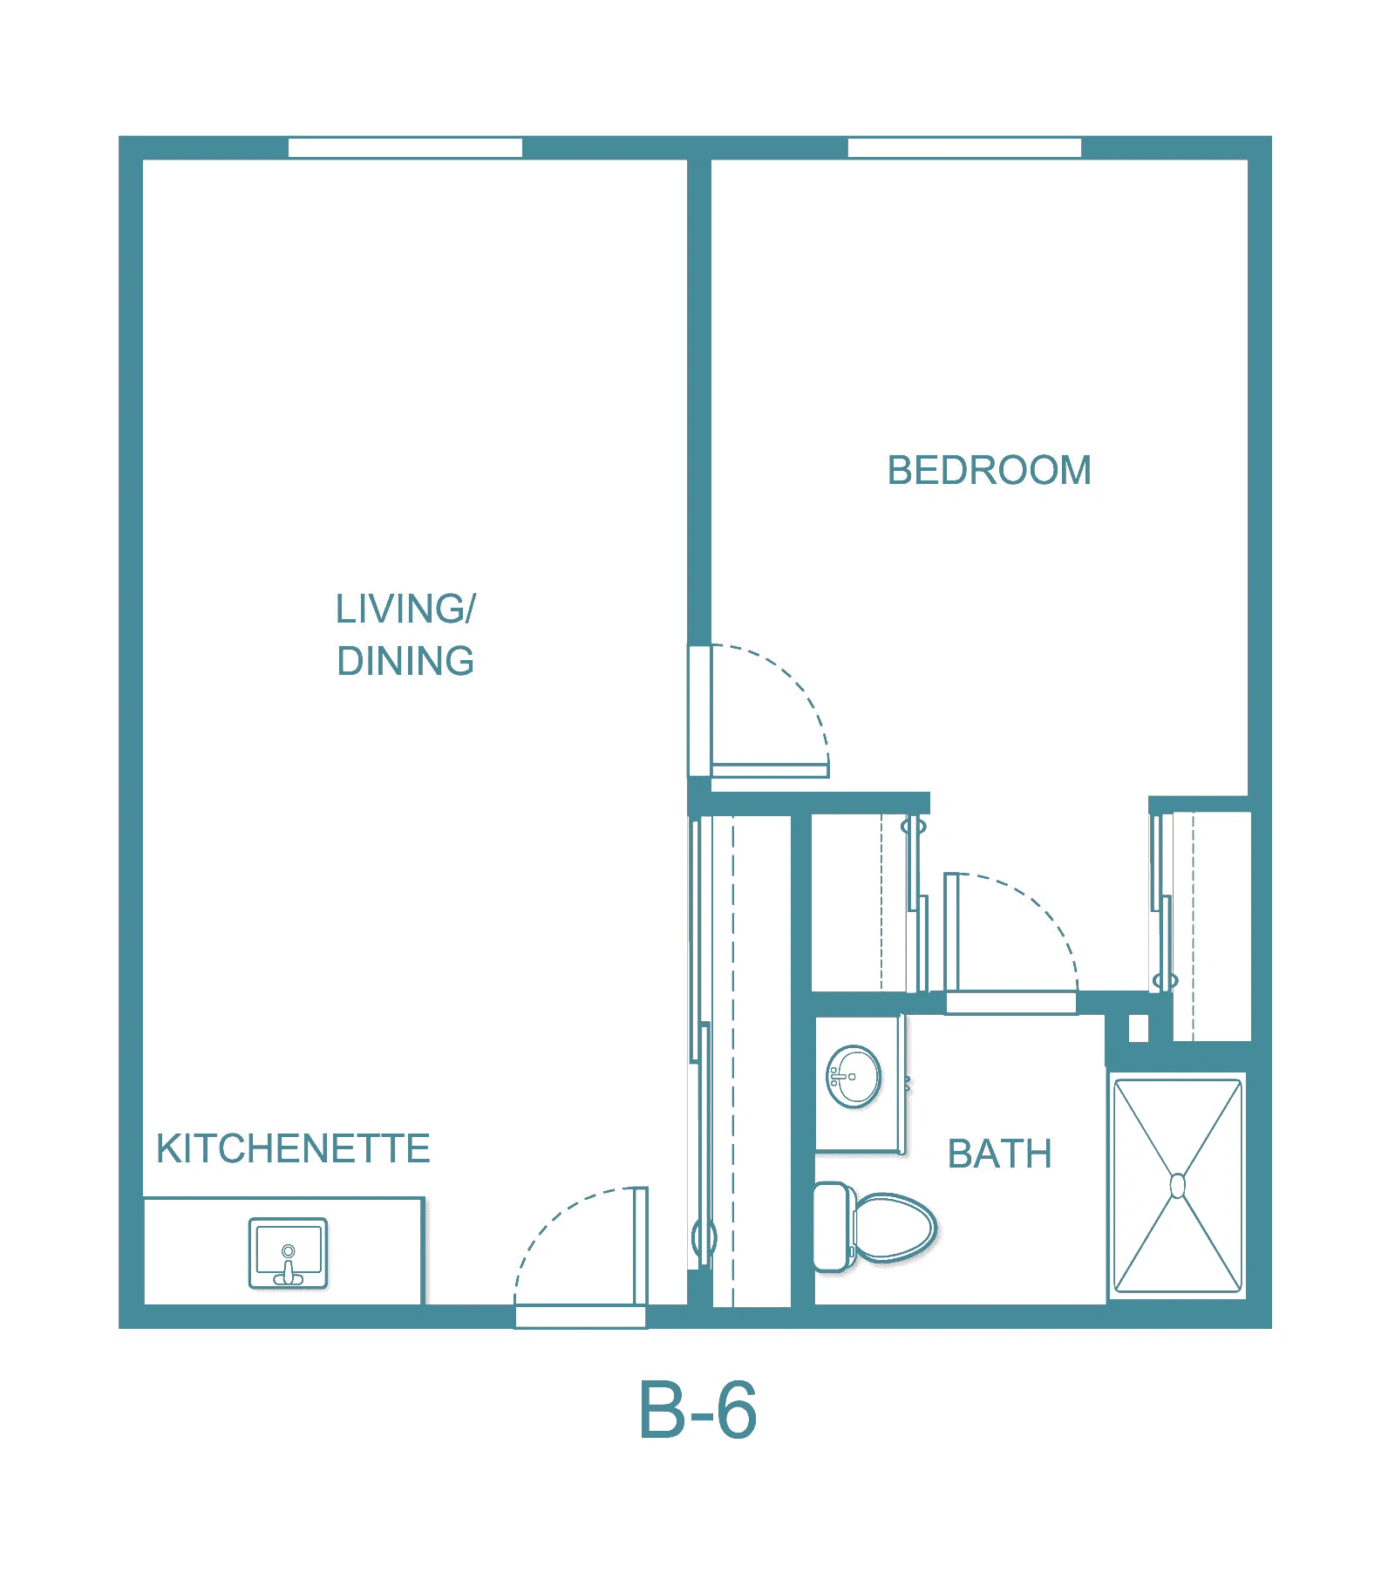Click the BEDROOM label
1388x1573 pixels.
coord(989,471)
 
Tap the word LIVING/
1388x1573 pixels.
coord(405,609)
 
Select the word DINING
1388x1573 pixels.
coord(405,661)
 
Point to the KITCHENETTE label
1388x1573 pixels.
coord(293,1148)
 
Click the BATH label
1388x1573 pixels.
coord(1000,1154)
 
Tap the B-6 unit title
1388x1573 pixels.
coord(697,1411)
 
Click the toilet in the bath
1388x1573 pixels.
coord(874,1227)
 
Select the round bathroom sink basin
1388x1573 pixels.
coord(854,1077)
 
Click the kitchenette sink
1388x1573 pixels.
coord(288,1253)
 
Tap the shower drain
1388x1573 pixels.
coord(1178,1186)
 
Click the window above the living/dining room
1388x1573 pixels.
coord(405,147)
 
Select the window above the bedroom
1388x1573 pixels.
coord(964,147)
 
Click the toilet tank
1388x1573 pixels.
coord(833,1227)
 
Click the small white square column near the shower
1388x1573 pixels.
coord(1139,1029)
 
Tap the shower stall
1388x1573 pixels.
coord(1178,1186)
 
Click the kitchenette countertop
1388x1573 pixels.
coord(283,1251)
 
